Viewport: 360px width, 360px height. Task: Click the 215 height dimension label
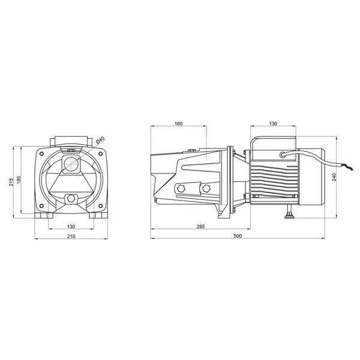11,182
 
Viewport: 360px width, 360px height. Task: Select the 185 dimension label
19,180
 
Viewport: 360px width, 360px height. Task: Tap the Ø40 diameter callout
100,140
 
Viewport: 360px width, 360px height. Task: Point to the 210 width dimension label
71,236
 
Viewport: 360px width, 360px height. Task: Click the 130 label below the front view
71,226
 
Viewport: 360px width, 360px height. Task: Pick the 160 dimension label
178,124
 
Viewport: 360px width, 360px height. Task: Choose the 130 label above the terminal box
273,124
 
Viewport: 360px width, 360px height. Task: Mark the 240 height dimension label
334,177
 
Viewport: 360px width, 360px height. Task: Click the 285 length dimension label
200,226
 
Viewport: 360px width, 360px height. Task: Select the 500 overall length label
238,236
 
